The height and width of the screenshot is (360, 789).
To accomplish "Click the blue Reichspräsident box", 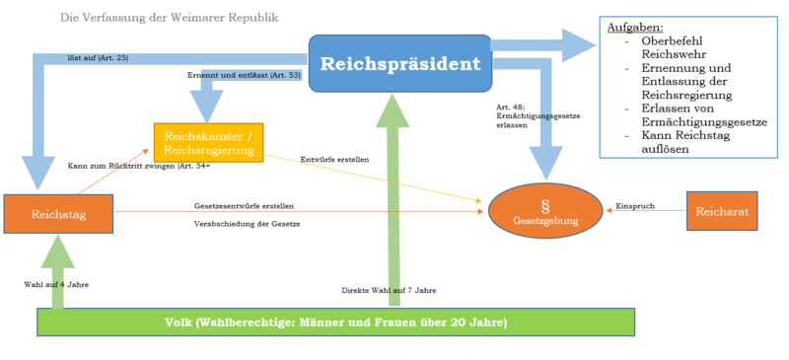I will [399, 65].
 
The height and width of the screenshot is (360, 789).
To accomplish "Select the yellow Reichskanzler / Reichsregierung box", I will [208, 141].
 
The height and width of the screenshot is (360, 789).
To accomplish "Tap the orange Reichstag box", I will [58, 213].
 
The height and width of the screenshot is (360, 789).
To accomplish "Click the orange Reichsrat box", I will [721, 212].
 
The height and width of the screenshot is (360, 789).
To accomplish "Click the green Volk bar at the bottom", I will [335, 322].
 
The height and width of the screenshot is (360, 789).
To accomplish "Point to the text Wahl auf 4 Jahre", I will [57, 284].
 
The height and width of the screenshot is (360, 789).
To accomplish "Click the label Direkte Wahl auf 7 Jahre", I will [389, 290].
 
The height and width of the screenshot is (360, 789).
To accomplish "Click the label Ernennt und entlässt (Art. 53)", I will [244, 75].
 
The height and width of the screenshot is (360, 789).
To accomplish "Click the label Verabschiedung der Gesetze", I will [247, 224].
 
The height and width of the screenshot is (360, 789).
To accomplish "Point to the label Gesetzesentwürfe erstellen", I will [244, 205].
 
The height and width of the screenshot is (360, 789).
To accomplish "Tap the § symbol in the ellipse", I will [544, 204].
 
